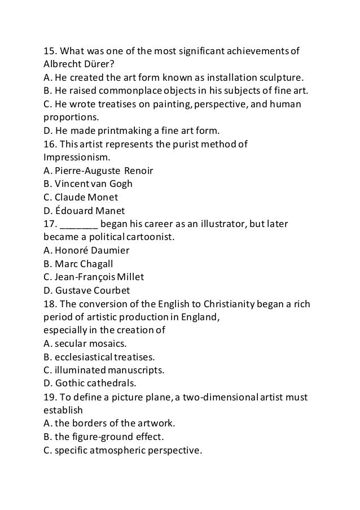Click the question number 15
click(x=51, y=53)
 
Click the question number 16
click(x=51, y=144)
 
